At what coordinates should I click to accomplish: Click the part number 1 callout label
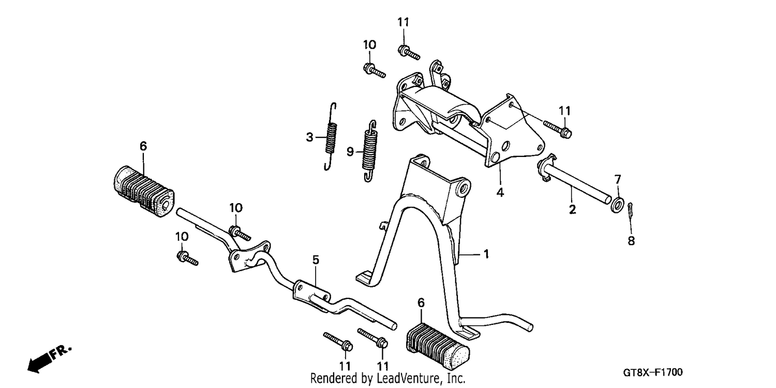coord(486,254)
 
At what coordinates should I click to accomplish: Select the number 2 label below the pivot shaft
coord(572,209)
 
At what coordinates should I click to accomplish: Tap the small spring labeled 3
coord(332,137)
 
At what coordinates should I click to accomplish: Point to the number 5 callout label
coord(316,260)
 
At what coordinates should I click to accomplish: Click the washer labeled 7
coord(618,205)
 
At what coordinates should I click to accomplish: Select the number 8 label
coord(631,241)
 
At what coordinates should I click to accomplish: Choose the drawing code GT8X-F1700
coord(653,373)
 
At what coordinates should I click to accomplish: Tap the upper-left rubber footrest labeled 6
coord(143,192)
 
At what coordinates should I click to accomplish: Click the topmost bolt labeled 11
coord(409,52)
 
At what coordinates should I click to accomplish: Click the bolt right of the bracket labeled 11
coord(557,128)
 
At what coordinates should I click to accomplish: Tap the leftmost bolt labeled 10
coord(187,258)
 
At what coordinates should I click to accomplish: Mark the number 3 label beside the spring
coord(309,137)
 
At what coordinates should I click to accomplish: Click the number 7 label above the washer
coord(618,180)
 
